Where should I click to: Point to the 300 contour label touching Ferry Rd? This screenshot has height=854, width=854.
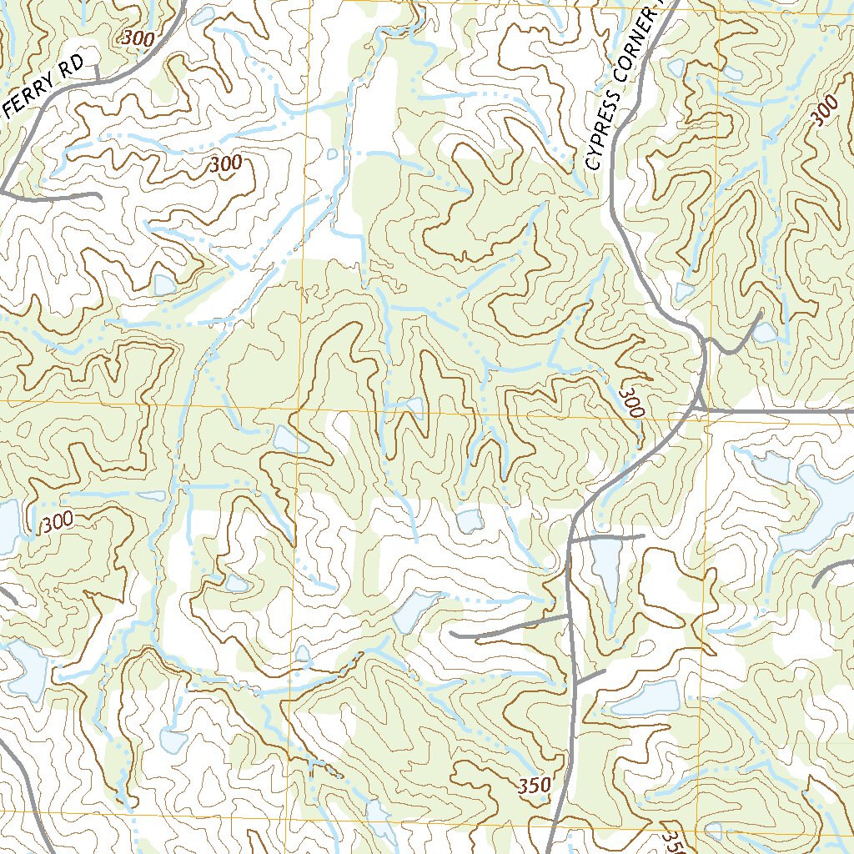coord(138,38)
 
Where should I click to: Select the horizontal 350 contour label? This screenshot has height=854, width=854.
coord(534,786)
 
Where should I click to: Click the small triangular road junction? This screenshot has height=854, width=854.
coord(703,342)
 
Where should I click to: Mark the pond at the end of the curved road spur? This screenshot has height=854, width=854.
coord(765,333)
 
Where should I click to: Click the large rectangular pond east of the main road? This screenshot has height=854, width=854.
coord(646,697)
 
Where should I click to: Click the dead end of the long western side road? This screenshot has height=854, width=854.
coord(452,635)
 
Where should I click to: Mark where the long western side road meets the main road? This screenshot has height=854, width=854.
coord(570,616)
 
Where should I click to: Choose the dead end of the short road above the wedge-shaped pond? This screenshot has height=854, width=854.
coord(644,535)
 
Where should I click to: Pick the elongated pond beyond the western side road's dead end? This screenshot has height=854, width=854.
coord(409,613)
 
